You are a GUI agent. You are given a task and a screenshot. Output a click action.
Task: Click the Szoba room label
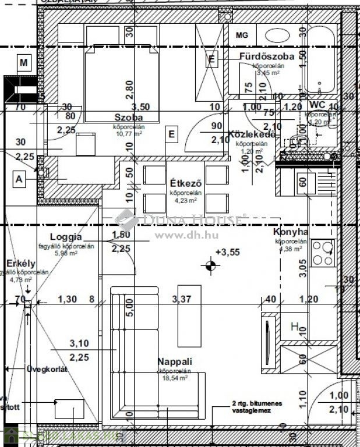[125, 118]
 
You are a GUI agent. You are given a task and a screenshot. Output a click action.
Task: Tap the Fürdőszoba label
[266, 56]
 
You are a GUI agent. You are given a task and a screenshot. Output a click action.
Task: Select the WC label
[317, 105]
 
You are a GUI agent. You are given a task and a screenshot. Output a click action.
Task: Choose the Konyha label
[290, 232]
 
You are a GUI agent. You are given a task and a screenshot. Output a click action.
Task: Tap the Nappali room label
[174, 361]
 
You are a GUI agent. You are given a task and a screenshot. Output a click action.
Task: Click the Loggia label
[66, 237]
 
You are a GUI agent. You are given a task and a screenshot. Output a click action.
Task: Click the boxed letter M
[24, 62]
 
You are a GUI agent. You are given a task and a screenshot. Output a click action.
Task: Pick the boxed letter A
[20, 179]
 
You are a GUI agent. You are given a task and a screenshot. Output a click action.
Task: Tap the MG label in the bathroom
[242, 35]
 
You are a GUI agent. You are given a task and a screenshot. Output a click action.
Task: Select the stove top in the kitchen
[322, 253]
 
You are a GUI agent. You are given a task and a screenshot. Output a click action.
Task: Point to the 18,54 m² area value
[174, 378]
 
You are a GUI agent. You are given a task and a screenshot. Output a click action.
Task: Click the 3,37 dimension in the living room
[182, 299]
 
